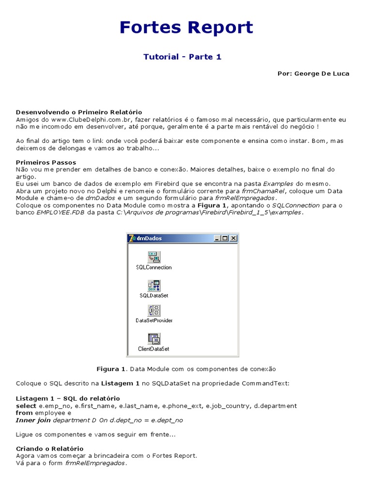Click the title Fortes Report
pyautogui.click(x=186, y=28)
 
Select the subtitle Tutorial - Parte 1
pyautogui.click(x=182, y=57)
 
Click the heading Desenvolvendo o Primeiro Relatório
pyautogui.click(x=79, y=112)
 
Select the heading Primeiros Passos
pyautogui.click(x=46, y=162)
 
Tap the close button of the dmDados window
pyautogui.click(x=233, y=238)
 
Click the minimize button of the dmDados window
pyautogui.click(x=217, y=238)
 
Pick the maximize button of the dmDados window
pyautogui.click(x=225, y=238)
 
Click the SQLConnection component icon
pyautogui.click(x=154, y=257)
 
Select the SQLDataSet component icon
pyautogui.click(x=154, y=285)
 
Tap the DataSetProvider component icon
pyautogui.click(x=154, y=310)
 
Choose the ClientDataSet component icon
pyautogui.click(x=154, y=339)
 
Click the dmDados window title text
pyautogui.click(x=149, y=238)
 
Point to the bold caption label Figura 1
pyautogui.click(x=111, y=369)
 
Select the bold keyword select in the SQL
pyautogui.click(x=26, y=405)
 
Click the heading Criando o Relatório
pyautogui.click(x=49, y=449)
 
